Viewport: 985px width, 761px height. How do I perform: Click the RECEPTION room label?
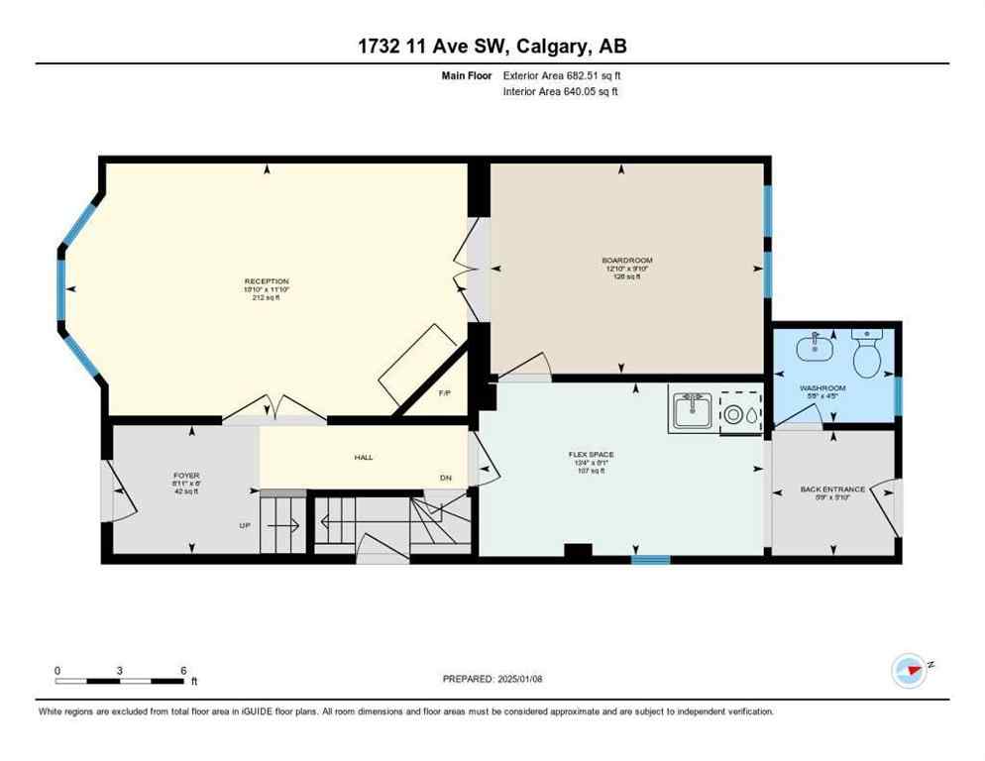pyautogui.click(x=267, y=281)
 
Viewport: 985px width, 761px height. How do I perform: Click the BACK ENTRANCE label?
pyautogui.click(x=832, y=489)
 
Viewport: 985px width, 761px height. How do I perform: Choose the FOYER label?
pyautogui.click(x=186, y=476)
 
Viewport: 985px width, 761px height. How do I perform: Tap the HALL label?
pyautogui.click(x=363, y=457)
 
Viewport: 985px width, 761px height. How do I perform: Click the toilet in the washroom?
pyautogui.click(x=866, y=355)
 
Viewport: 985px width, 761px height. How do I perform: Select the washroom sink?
pyautogui.click(x=818, y=347)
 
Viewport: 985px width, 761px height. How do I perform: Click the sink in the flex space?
pyautogui.click(x=692, y=410)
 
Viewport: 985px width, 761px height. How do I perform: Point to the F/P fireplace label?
pyautogui.click(x=445, y=393)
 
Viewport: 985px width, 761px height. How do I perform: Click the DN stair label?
pyautogui.click(x=446, y=479)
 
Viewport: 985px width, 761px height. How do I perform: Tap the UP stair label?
pyautogui.click(x=245, y=525)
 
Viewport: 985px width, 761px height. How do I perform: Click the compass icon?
pyautogui.click(x=908, y=670)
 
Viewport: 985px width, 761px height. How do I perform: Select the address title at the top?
pyautogui.click(x=492, y=46)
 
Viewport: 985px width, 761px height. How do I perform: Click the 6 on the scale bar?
pyautogui.click(x=183, y=671)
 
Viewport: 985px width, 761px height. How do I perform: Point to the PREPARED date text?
pyautogui.click(x=492, y=679)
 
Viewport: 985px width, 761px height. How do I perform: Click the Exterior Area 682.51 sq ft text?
pyautogui.click(x=562, y=75)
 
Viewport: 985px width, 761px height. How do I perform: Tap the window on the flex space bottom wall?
pyautogui.click(x=650, y=560)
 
